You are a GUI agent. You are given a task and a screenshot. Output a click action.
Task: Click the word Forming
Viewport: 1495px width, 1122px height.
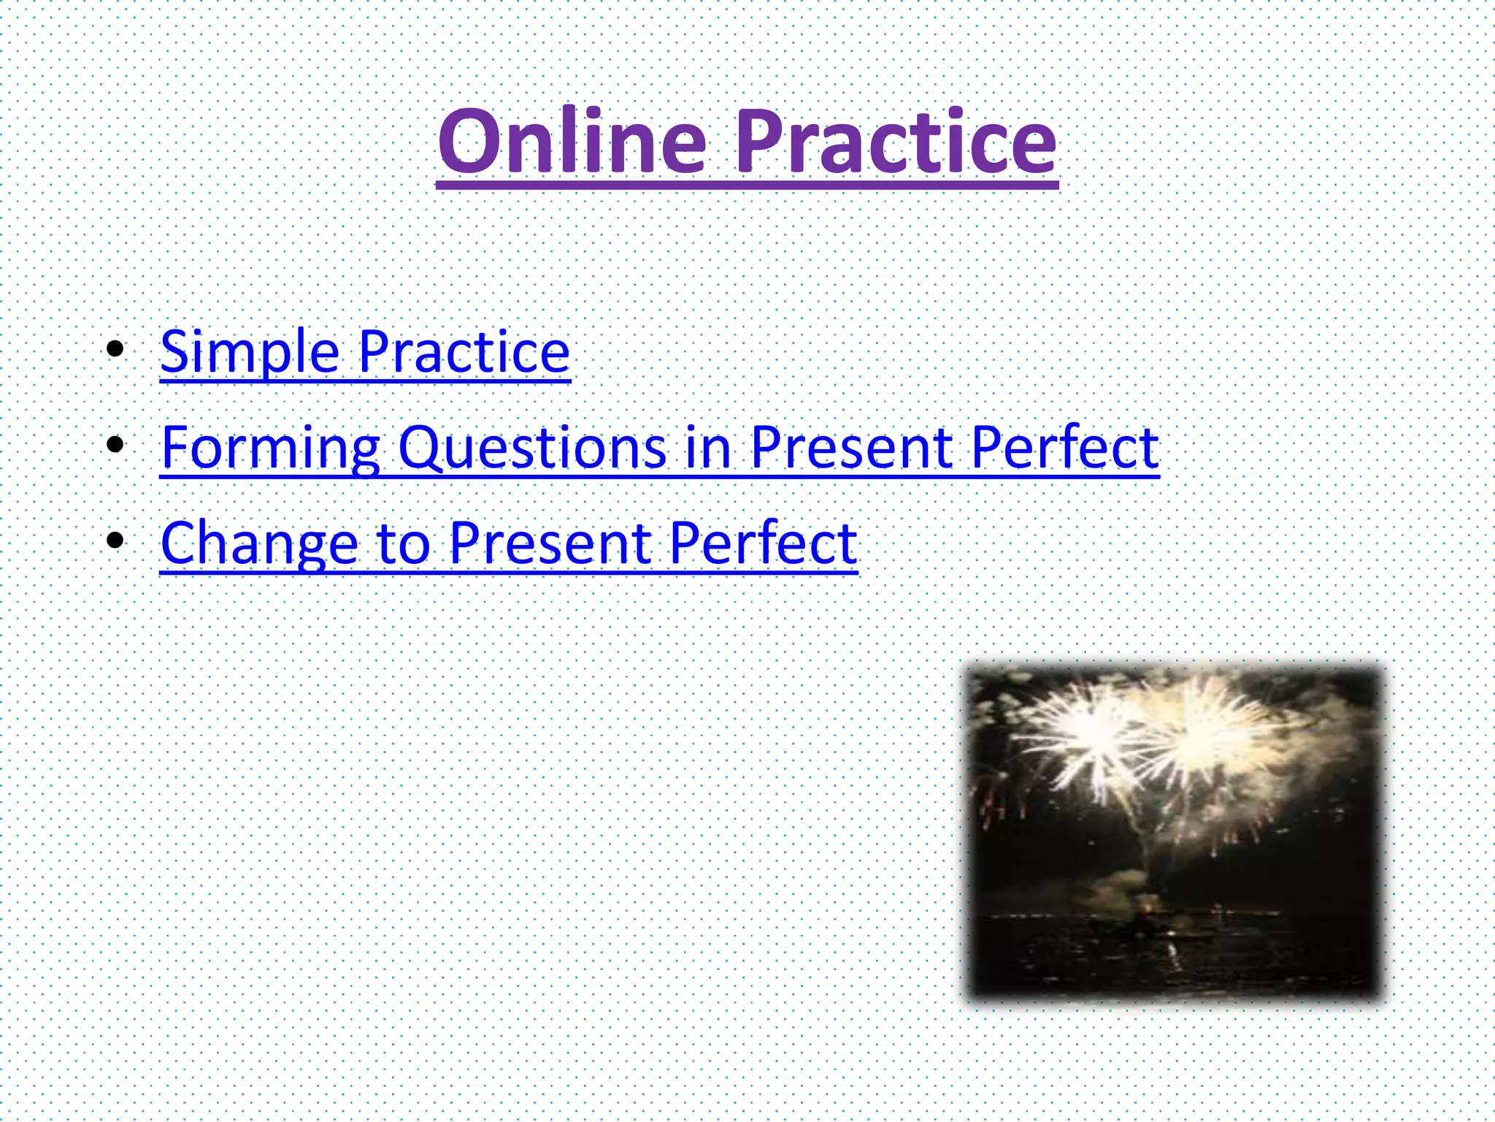tap(270, 448)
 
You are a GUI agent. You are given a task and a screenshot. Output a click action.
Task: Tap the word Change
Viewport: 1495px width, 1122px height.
tap(259, 543)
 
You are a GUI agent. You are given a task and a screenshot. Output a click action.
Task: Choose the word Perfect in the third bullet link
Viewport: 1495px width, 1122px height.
tap(763, 543)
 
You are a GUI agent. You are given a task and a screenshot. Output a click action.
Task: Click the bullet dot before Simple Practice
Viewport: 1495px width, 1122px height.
tap(115, 349)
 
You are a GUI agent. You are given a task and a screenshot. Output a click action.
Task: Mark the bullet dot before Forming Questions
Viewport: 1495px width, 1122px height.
tap(115, 444)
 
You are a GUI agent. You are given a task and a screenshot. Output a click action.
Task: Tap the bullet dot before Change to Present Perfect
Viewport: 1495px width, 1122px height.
tap(115, 541)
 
